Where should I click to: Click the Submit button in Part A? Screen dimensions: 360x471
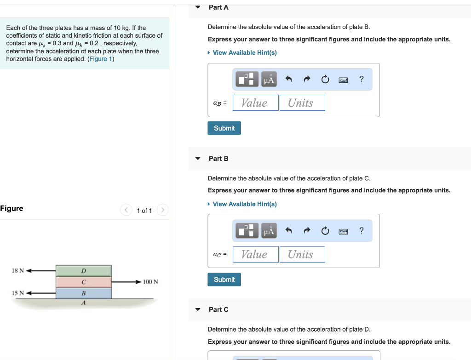[x=224, y=128]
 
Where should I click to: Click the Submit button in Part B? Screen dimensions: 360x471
[x=224, y=280]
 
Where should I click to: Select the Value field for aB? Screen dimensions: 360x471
[x=255, y=103]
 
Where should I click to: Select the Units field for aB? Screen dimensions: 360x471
[x=302, y=103]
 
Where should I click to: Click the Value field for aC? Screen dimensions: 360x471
[x=255, y=254]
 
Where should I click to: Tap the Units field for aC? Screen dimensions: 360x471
[x=302, y=254]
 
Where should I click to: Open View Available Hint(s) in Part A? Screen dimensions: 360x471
[x=244, y=53]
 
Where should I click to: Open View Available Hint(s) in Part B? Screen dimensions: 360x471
[x=244, y=204]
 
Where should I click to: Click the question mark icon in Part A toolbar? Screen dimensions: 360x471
[x=362, y=80]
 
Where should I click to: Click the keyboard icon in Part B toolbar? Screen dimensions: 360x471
[x=343, y=231]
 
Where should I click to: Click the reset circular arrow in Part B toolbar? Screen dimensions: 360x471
[x=325, y=231]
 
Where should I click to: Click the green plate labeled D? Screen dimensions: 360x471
[x=84, y=270]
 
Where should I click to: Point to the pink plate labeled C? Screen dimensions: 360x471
[x=84, y=282]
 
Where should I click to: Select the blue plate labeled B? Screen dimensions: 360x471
[x=84, y=293]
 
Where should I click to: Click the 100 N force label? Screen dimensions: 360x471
[x=150, y=282]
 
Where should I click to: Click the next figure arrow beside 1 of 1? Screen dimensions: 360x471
[x=162, y=210]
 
